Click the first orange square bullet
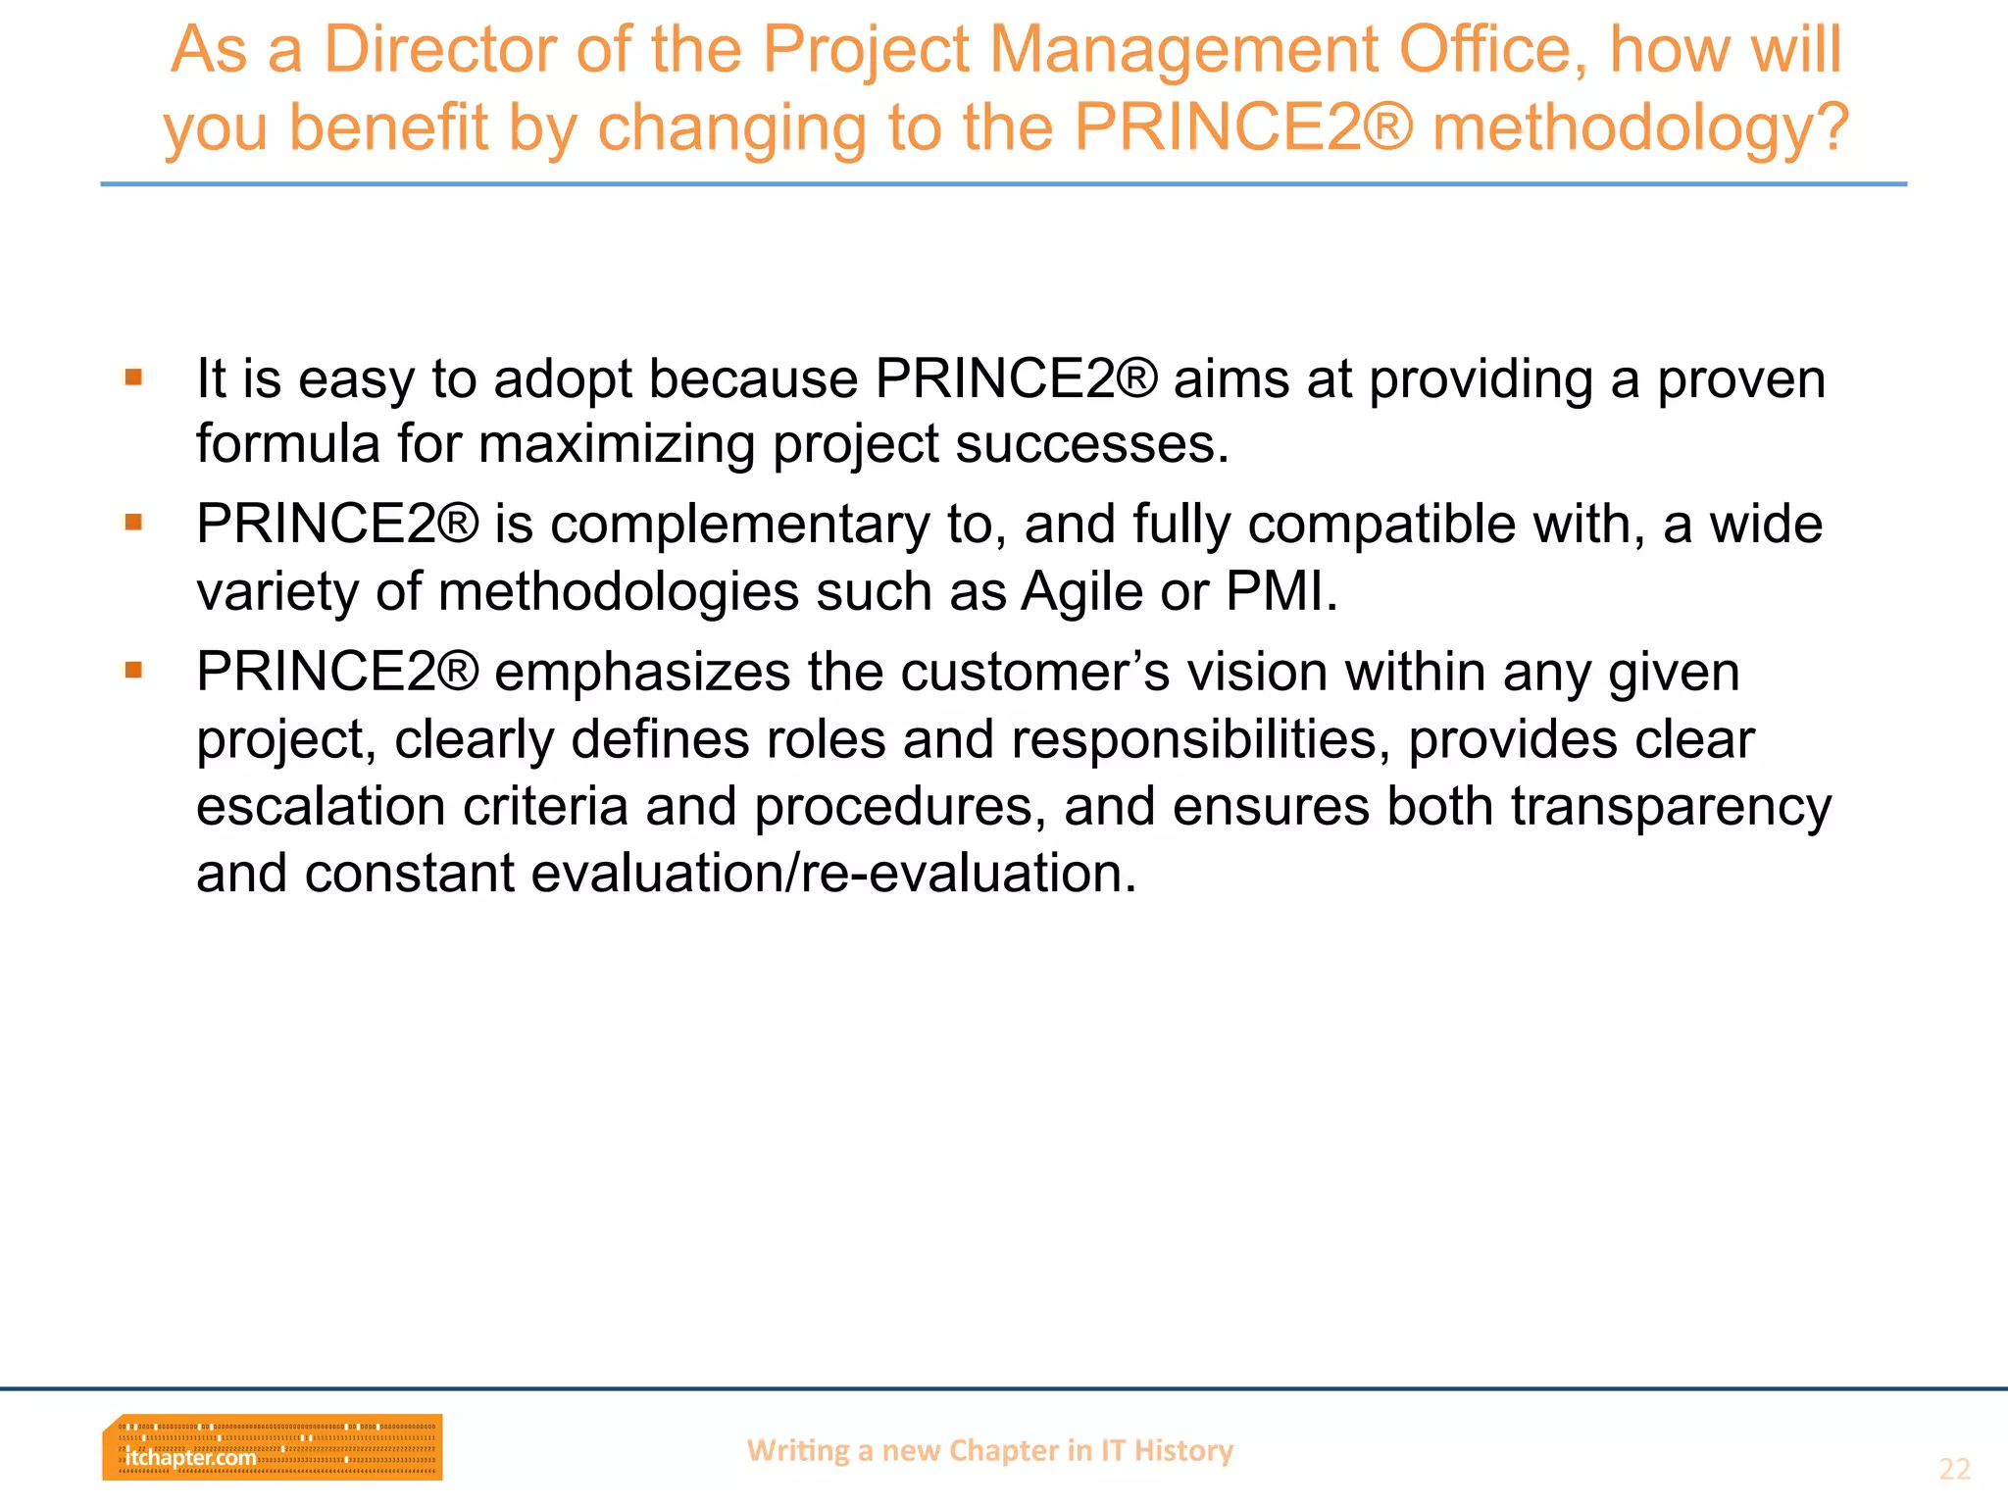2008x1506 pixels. click(x=134, y=377)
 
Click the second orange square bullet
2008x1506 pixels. click(x=134, y=523)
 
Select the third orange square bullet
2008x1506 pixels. click(x=134, y=671)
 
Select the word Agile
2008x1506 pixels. click(x=1081, y=592)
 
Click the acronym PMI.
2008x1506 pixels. click(x=1280, y=592)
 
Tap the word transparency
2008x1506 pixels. click(x=1670, y=808)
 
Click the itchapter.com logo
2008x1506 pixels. click(x=272, y=1447)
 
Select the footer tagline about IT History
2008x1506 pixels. click(x=989, y=1450)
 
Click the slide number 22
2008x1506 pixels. click(x=1953, y=1469)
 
